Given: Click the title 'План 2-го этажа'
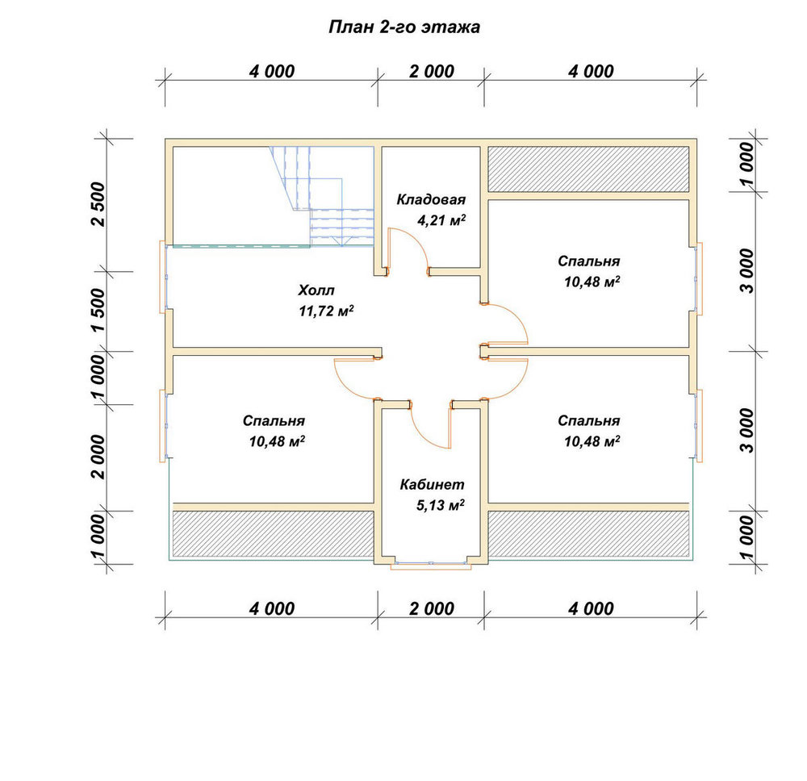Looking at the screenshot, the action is point(404,27).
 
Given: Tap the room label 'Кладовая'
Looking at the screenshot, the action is point(431,199).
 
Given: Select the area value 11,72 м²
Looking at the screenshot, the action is point(326,311).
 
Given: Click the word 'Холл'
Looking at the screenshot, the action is point(316,290).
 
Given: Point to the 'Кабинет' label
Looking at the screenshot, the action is point(432,485).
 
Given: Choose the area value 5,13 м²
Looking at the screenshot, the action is point(441,505).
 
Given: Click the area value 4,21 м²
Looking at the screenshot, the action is point(441,221).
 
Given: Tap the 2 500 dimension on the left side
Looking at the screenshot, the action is point(98,204).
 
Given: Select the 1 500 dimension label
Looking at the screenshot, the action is point(98,310).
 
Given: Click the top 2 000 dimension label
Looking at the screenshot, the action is point(432,71).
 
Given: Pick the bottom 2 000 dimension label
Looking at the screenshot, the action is point(432,608).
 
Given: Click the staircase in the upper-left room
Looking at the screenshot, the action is point(322,196).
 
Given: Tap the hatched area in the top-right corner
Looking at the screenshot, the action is point(588,169).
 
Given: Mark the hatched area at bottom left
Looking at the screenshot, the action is point(273,533).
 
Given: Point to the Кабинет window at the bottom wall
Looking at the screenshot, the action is point(431,565).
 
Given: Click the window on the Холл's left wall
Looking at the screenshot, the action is point(163,277).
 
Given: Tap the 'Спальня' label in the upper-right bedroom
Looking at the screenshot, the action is point(589,261).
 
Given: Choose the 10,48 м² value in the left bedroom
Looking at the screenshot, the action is point(277,441).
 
